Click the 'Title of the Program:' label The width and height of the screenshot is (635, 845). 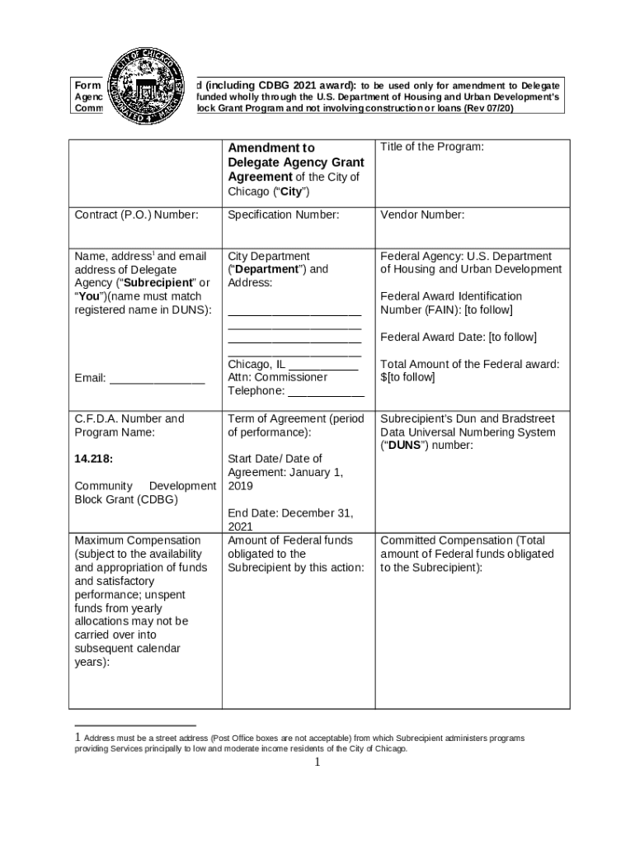(x=431, y=147)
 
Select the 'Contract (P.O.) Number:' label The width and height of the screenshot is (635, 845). (x=136, y=215)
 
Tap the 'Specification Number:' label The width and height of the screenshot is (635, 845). (x=283, y=215)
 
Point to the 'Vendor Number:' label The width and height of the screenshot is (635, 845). (x=422, y=215)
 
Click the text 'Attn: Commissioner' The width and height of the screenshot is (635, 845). (x=277, y=377)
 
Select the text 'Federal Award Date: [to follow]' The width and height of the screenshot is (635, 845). (x=458, y=337)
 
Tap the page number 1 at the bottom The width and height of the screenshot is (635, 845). (x=316, y=762)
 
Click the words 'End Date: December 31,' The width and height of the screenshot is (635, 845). (x=290, y=512)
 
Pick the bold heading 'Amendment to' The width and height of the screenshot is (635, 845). (x=271, y=148)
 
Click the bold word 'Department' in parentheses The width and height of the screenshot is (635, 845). (x=269, y=269)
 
